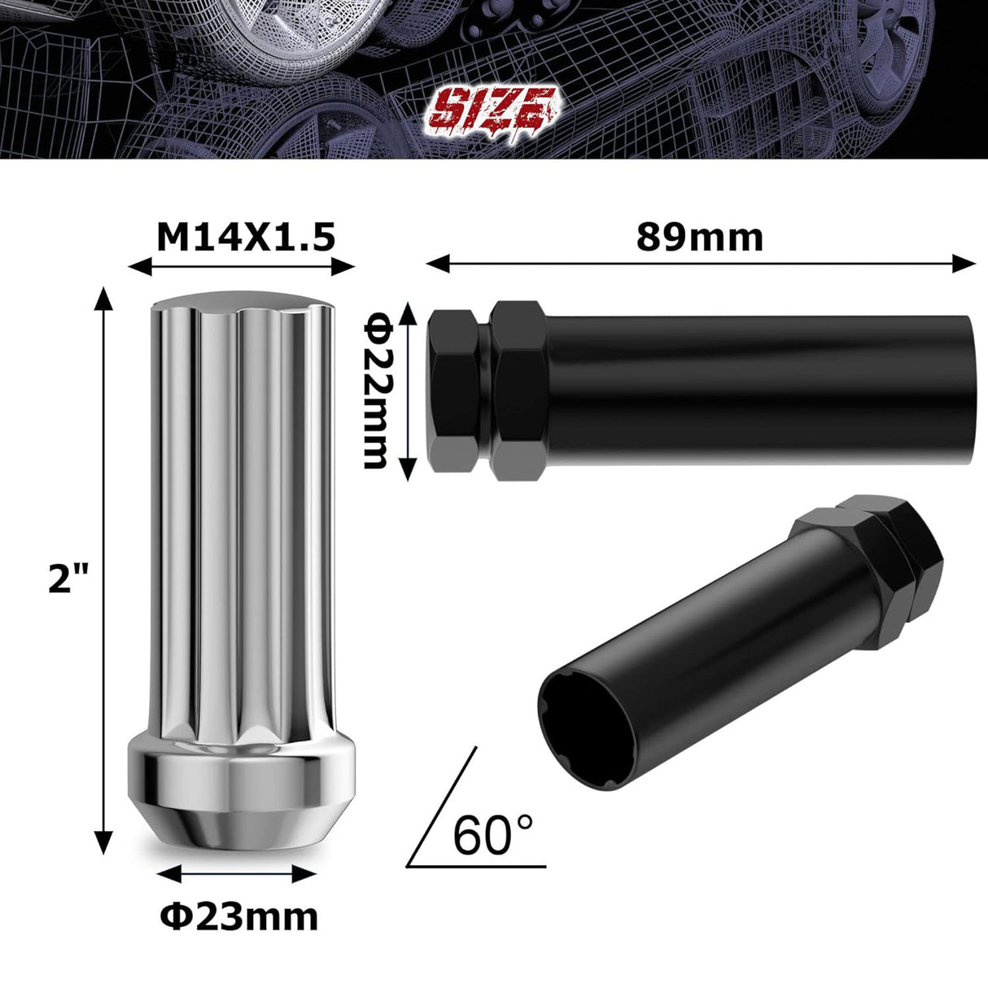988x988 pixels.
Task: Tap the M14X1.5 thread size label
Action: [x=245, y=237]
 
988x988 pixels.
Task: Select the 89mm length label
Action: [x=700, y=237]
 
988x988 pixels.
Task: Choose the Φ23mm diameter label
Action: [x=238, y=917]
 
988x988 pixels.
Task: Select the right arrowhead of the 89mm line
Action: [x=966, y=262]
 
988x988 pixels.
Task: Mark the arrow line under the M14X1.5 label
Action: [x=243, y=266]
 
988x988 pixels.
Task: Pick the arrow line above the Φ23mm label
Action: [x=235, y=873]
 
